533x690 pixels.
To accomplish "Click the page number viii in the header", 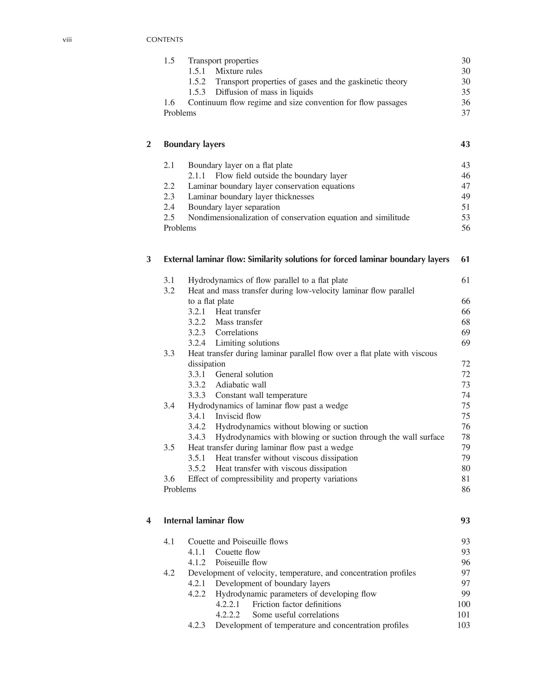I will tap(67, 40).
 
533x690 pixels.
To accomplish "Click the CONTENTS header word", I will tap(164, 40).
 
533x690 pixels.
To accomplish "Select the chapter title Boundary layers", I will tap(194, 144).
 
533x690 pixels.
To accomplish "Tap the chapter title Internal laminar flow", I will tap(204, 521).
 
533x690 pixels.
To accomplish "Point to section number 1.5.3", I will tap(197, 92).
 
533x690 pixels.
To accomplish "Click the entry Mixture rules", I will tap(239, 71).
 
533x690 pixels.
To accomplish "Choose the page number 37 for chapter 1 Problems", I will tap(465, 113).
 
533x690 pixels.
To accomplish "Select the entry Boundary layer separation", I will tap(234, 207).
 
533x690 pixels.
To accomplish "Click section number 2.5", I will tap(169, 218).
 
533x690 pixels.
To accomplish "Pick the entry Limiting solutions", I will tap(247, 343).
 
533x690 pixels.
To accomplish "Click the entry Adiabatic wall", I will tap(241, 385).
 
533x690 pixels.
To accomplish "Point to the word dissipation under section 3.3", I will tap(207, 364).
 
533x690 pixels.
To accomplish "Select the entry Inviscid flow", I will tap(238, 416).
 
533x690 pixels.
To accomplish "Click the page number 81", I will tap(465, 479).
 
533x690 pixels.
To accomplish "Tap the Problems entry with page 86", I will tap(180, 489).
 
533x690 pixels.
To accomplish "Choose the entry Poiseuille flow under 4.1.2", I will tap(241, 563).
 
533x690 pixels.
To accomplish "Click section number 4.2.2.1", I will tap(228, 604).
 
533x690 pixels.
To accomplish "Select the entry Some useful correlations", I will tap(296, 615).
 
